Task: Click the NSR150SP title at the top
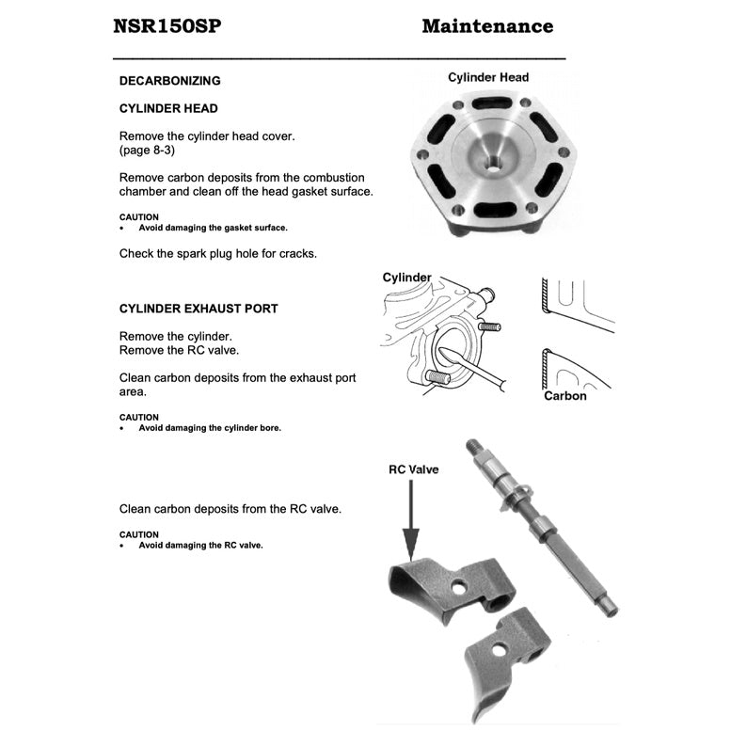coord(167,26)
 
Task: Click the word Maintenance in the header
coord(487,26)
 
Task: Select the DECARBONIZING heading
coord(170,81)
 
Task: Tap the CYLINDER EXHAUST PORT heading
coord(199,309)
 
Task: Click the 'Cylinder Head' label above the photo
coord(488,77)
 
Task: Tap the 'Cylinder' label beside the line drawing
coord(406,278)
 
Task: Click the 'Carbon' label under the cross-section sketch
coord(564,396)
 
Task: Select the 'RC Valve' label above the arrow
coord(413,469)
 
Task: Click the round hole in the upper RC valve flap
coord(458,586)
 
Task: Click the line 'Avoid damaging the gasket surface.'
coord(213,228)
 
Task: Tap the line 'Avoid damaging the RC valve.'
coord(200,546)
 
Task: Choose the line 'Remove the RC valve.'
coord(179,350)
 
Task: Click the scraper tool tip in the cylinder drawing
coord(441,355)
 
